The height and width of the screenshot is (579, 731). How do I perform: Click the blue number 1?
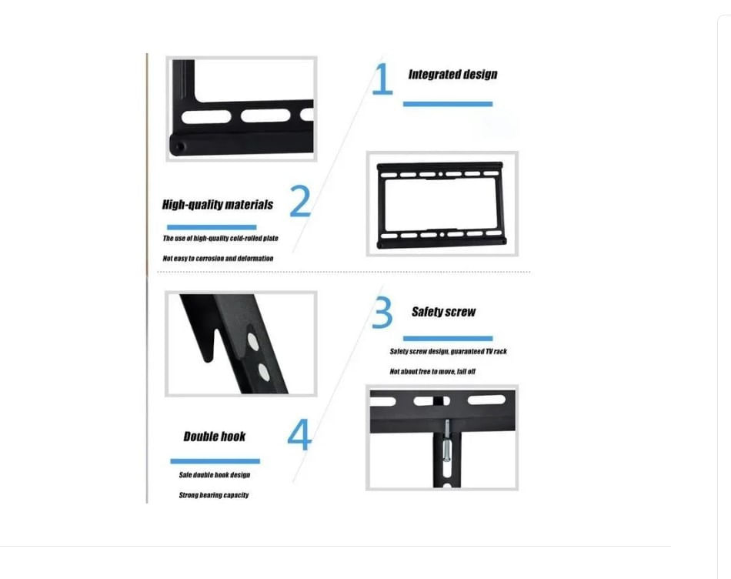[382, 79]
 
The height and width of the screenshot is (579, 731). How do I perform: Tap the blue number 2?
[300, 201]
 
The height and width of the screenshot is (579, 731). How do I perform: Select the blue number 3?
[382, 312]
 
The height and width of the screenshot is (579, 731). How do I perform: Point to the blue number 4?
[299, 434]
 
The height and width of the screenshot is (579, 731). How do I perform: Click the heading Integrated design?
[452, 75]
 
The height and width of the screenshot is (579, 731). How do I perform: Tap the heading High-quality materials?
[218, 205]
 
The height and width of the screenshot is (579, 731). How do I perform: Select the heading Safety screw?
[443, 312]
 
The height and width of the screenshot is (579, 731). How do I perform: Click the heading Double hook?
[215, 437]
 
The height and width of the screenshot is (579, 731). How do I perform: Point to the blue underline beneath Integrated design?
[448, 104]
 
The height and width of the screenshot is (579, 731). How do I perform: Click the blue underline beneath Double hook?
[215, 461]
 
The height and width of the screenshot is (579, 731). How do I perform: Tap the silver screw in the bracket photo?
[446, 441]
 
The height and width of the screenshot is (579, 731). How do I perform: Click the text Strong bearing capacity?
[213, 495]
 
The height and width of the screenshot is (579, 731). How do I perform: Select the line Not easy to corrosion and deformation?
[218, 259]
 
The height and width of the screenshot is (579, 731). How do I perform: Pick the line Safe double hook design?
[215, 475]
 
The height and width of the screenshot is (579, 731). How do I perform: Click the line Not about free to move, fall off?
[432, 371]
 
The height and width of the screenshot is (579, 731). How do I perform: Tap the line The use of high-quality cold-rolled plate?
[220, 239]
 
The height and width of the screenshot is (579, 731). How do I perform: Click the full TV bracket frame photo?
[442, 204]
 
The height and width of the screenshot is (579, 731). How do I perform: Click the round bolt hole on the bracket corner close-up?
[180, 147]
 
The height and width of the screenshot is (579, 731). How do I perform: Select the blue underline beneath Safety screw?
[448, 339]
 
